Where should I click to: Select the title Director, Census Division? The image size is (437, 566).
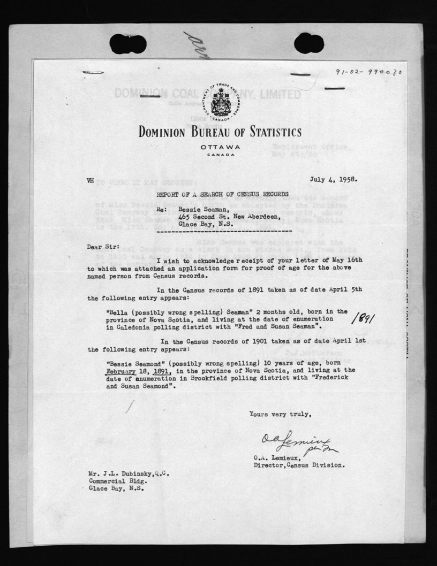(299, 465)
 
